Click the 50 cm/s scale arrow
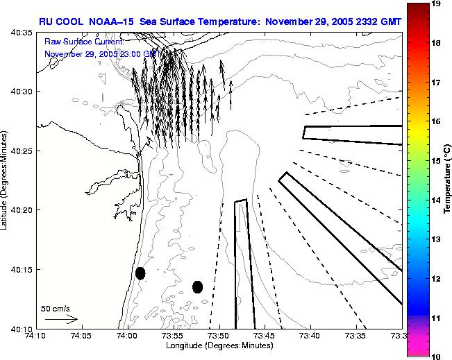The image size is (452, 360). pyautogui.click(x=61, y=319)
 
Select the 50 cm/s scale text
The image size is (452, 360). pyautogui.click(x=55, y=307)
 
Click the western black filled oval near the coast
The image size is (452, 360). pyautogui.click(x=140, y=273)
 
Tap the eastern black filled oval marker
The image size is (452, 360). pyautogui.click(x=198, y=286)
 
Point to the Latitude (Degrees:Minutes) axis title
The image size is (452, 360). pyautogui.click(x=6, y=180)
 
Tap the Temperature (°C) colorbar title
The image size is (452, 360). pyautogui.click(x=449, y=180)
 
